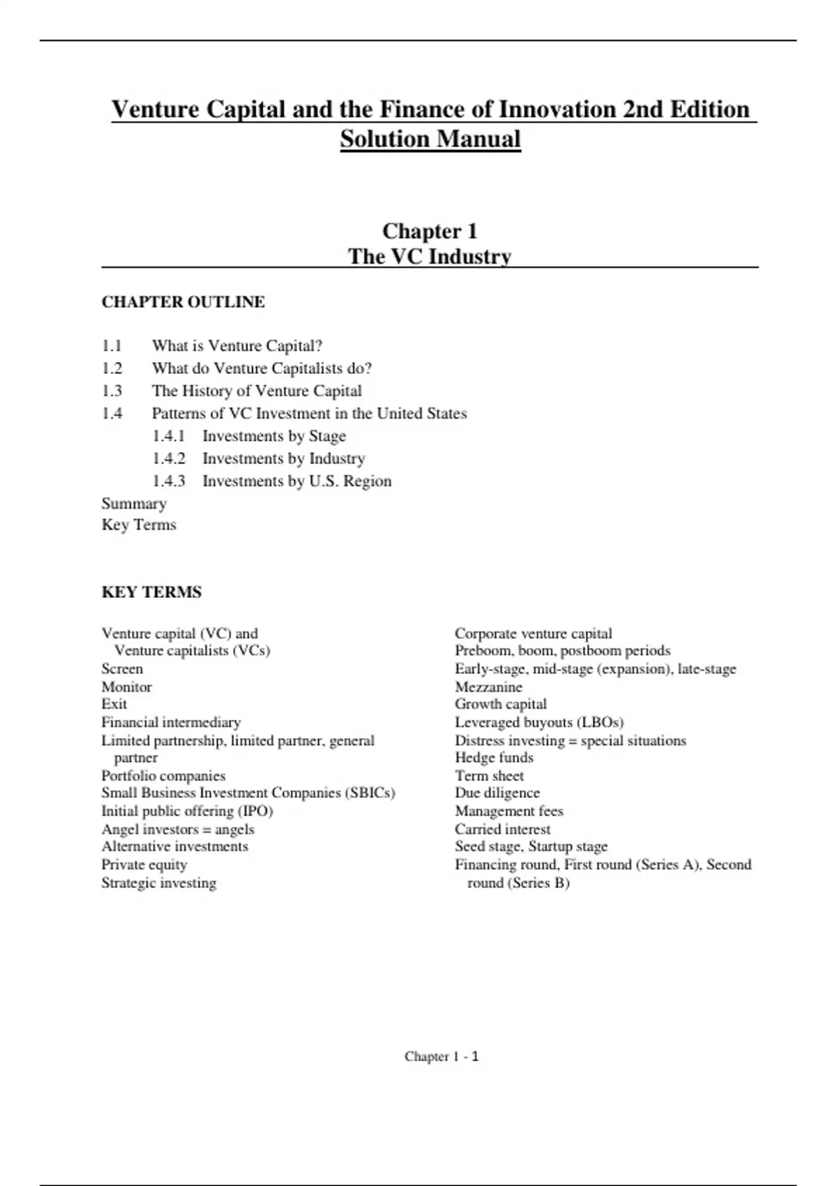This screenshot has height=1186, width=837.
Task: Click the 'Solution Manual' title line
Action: (x=430, y=139)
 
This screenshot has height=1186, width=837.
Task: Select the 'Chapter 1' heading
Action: (x=430, y=231)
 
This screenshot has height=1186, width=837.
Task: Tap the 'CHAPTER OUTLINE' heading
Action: (x=183, y=302)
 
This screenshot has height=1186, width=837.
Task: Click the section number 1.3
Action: (x=112, y=391)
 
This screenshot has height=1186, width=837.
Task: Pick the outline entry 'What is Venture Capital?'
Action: (x=237, y=346)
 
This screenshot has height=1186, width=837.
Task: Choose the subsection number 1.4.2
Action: (x=169, y=458)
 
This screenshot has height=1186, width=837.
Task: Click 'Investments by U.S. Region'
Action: (x=297, y=481)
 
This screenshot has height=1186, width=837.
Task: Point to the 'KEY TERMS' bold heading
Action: (x=151, y=592)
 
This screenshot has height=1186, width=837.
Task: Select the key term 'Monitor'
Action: (x=126, y=686)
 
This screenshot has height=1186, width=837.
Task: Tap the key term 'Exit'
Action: (x=114, y=704)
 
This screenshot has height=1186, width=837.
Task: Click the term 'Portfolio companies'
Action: (x=163, y=776)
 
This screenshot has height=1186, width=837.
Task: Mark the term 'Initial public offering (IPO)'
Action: (x=187, y=811)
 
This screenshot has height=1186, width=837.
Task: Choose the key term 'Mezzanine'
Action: (x=488, y=686)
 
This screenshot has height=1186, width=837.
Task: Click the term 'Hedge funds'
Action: (x=494, y=758)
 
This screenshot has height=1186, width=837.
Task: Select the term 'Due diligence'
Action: (x=497, y=793)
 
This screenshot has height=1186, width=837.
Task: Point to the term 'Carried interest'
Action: (x=502, y=829)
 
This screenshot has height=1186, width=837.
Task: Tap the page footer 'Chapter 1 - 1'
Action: (x=442, y=1056)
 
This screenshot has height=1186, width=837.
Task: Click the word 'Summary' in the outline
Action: (x=134, y=504)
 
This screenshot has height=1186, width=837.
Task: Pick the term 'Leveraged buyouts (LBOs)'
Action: (x=539, y=722)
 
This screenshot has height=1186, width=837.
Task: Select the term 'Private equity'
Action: (x=144, y=864)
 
